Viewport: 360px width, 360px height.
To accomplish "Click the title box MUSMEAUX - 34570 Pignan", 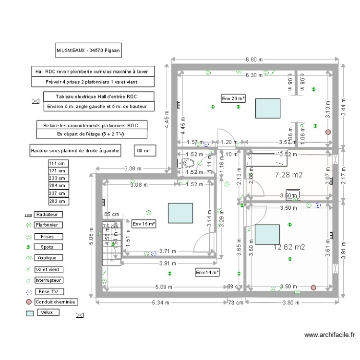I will point(89,50).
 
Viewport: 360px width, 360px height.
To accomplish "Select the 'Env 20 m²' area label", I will point(233,98).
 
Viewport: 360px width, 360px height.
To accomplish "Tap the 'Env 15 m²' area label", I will point(144,224).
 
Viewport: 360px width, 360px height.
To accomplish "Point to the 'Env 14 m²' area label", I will point(207,272).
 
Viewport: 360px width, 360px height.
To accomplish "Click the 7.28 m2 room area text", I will point(288,175).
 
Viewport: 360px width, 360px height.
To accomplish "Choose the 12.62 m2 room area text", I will point(288,248).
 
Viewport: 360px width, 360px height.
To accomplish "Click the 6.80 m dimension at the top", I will point(254,60).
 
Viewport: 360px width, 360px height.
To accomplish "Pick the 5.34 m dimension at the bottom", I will point(161,303).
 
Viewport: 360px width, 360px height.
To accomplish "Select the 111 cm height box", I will point(59,163).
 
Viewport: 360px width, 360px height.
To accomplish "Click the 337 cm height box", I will point(59,193).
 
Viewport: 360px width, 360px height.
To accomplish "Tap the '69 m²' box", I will point(144,151).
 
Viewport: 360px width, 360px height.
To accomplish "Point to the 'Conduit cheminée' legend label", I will point(56,302).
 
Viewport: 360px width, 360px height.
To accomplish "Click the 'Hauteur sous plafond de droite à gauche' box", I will point(75,151).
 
